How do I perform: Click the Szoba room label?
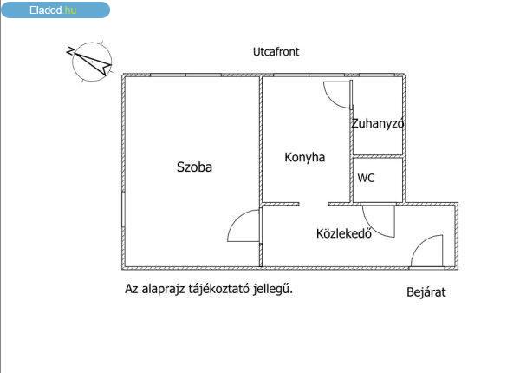pyautogui.click(x=194, y=167)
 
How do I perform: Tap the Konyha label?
pyautogui.click(x=304, y=158)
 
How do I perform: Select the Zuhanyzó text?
pyautogui.click(x=377, y=123)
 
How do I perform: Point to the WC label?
pyautogui.click(x=366, y=178)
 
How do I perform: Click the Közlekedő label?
pyautogui.click(x=343, y=233)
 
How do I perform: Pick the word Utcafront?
pyautogui.click(x=276, y=52)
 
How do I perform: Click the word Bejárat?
pyautogui.click(x=426, y=292)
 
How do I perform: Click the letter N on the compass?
pyautogui.click(x=70, y=51)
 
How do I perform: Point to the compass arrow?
pyautogui.click(x=94, y=62)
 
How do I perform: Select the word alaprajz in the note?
pyautogui.click(x=163, y=289)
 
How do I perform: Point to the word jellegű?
pyautogui.click(x=273, y=289)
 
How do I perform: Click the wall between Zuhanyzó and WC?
pyautogui.click(x=378, y=156)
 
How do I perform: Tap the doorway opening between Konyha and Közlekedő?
pyautogui.click(x=314, y=204)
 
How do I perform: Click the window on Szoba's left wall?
pyautogui.click(x=123, y=210)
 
